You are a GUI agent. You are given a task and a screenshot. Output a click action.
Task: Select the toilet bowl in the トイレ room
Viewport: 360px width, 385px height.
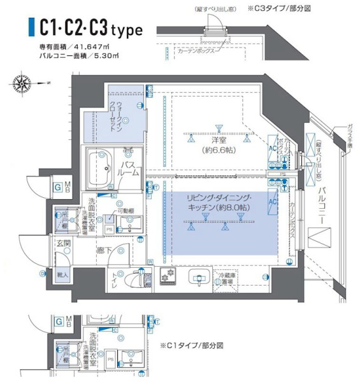tap(133, 279)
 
